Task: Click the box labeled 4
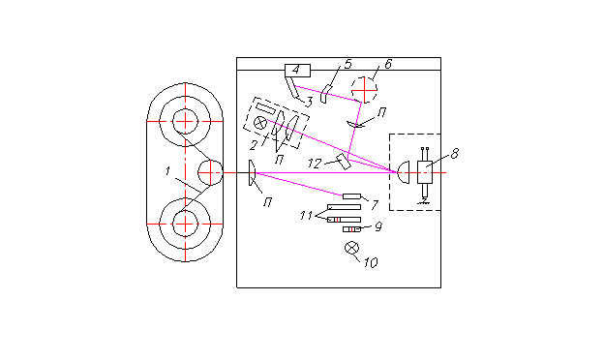click(x=297, y=71)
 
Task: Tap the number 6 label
click(x=388, y=64)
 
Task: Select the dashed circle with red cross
click(x=364, y=90)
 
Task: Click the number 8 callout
click(x=455, y=154)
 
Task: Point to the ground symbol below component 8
click(x=424, y=200)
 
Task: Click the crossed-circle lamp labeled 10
click(x=351, y=248)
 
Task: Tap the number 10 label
click(x=371, y=262)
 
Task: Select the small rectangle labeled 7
click(x=351, y=196)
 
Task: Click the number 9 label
click(x=378, y=227)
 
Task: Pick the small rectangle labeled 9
click(x=351, y=229)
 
